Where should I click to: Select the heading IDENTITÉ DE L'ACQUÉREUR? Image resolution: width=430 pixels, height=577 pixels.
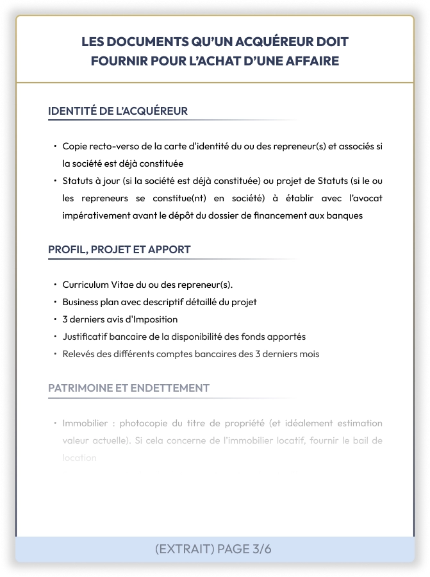click(118, 111)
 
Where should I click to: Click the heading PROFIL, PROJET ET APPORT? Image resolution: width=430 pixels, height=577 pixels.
click(119, 249)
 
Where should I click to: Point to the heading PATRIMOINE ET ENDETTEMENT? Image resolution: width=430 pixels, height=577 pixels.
click(129, 388)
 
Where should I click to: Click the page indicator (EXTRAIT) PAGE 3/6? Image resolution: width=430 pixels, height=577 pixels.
click(213, 549)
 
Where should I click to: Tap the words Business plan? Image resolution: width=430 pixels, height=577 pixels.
click(90, 302)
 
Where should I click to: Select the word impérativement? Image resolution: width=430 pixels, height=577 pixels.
click(97, 215)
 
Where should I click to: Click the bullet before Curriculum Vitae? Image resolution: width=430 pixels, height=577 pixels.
click(55, 285)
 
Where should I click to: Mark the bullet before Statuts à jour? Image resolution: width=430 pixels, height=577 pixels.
click(55, 181)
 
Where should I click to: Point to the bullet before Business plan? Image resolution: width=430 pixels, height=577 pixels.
click(55, 302)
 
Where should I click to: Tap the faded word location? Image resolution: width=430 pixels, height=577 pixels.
click(79, 458)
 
